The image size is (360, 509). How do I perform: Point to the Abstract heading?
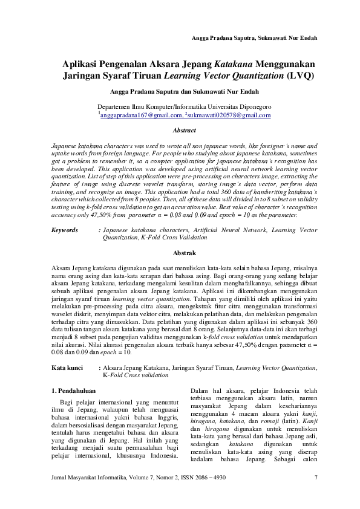point(184,131)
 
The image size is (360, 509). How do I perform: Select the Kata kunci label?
point(67,367)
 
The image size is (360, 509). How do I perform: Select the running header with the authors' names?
point(254,37)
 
